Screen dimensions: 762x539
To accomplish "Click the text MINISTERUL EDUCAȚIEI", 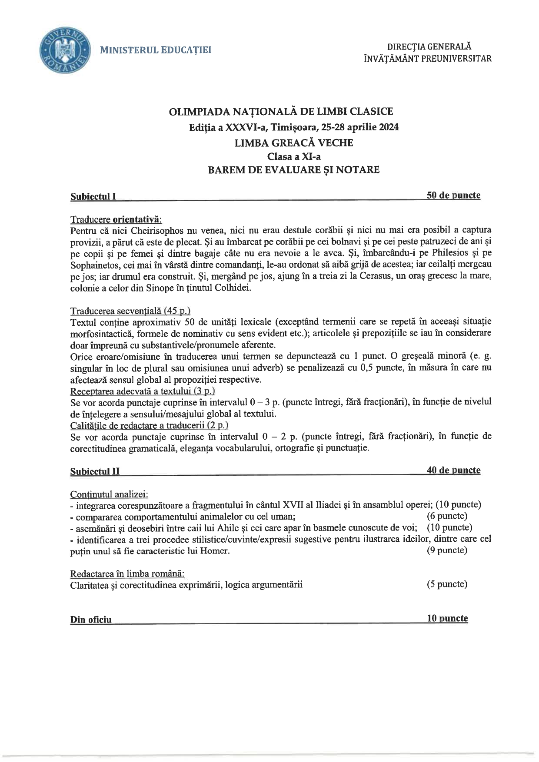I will point(156,50).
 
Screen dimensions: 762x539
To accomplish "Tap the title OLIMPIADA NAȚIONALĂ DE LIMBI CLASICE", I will point(281,111).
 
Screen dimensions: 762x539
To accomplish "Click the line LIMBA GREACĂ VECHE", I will point(293,142).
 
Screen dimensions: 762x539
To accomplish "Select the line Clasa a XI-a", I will point(294,156).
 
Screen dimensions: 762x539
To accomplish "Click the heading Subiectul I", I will point(93,196).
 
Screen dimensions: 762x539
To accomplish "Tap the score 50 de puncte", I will point(453,195).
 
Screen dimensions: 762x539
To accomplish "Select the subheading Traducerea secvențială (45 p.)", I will point(130,311).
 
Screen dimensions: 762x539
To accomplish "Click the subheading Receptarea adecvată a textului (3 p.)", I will point(143,391).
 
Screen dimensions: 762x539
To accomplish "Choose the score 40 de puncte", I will point(453,470).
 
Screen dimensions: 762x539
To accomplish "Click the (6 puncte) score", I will point(447,516).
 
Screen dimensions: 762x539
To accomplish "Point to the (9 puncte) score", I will point(447,550).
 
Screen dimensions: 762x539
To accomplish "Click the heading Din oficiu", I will point(91,620).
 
